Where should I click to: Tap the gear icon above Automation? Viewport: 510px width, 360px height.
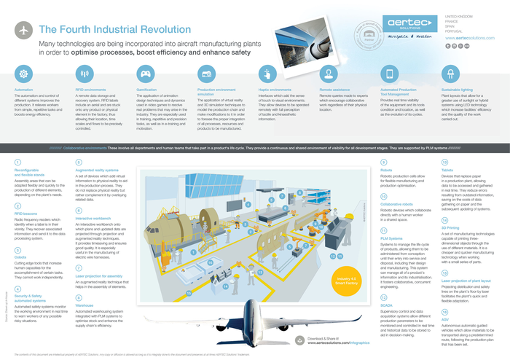pyautogui.click(x=24, y=74)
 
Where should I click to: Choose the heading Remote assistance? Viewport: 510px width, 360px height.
pyautogui.click(x=336, y=89)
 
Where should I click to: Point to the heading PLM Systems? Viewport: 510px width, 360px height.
pyautogui.click(x=392, y=238)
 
